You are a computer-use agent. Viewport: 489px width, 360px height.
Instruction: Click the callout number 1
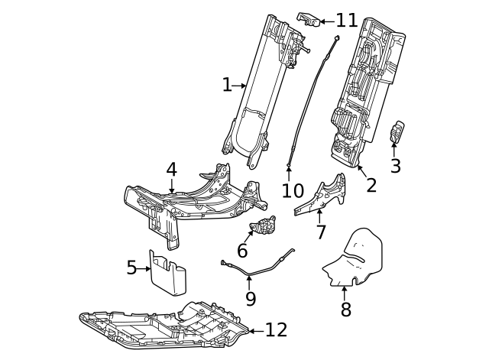point(226,85)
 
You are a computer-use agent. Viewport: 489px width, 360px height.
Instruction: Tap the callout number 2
point(371,184)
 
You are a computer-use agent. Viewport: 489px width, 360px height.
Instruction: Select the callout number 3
point(395,166)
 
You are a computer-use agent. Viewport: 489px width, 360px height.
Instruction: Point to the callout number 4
point(171,169)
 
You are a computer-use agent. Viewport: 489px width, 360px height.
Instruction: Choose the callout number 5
point(131,268)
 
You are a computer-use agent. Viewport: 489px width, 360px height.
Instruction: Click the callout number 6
point(242,251)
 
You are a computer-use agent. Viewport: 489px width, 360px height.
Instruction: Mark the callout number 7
point(321,232)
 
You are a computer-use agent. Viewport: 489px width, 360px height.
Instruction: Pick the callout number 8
point(345,309)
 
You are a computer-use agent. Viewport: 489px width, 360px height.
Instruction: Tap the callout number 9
point(251,298)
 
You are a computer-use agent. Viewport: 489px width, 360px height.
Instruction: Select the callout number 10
point(289,189)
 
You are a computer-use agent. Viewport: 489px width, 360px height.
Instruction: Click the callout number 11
point(346,21)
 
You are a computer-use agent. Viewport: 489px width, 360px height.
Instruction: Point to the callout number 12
point(276,330)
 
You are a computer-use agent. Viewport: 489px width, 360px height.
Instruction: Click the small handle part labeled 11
point(307,20)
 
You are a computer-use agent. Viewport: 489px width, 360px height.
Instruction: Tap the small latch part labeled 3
point(397,131)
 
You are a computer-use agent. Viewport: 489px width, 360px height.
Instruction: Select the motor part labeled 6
point(264,226)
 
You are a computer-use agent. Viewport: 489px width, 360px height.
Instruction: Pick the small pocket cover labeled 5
point(168,271)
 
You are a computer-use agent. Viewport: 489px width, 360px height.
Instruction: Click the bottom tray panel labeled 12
point(168,325)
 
